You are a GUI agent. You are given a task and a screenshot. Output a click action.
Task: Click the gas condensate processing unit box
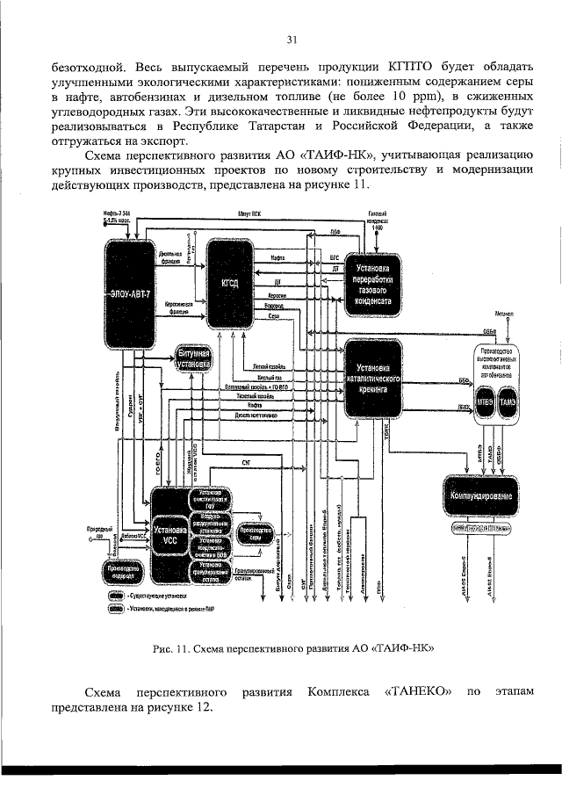(x=375, y=282)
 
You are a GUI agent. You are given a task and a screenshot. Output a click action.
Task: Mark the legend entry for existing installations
(x=149, y=595)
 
